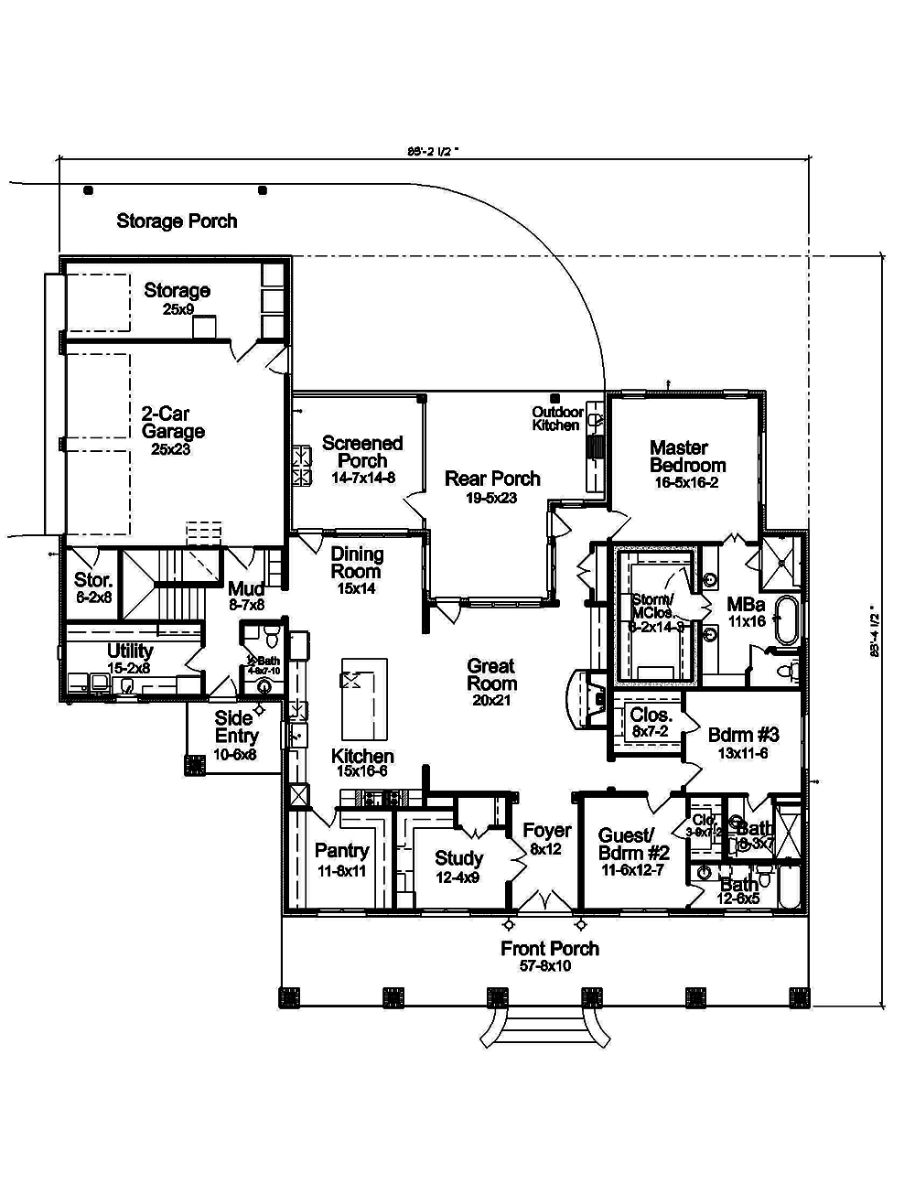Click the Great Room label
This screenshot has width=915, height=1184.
pos(491,674)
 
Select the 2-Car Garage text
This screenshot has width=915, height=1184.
pos(172,423)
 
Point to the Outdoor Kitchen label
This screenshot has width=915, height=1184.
pos(556,419)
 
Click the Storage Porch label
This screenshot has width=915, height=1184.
pos(177,221)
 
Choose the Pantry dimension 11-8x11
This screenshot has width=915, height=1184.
pos(340,871)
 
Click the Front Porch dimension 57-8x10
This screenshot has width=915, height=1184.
pos(549,966)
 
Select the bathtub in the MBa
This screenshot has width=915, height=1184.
pos(788,622)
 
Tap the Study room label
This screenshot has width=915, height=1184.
pos(458,858)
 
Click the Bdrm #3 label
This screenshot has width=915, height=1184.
pos(743,735)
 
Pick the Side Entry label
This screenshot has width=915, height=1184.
pos(236,727)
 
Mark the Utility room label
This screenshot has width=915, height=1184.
pos(130,651)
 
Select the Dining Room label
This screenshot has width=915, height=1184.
pos(357,563)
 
